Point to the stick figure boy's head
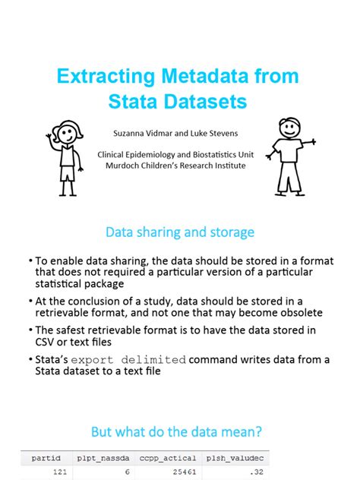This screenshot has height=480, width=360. pos(289,129)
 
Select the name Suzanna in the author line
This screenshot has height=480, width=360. pos(134,133)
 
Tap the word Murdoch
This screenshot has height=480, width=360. pos(126,165)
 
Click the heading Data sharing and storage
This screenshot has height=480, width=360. pos(180,232)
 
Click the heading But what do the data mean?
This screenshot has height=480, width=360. pos(177,431)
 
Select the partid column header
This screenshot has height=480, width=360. pos(45,458)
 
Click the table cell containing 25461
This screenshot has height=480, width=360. pos(180,472)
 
